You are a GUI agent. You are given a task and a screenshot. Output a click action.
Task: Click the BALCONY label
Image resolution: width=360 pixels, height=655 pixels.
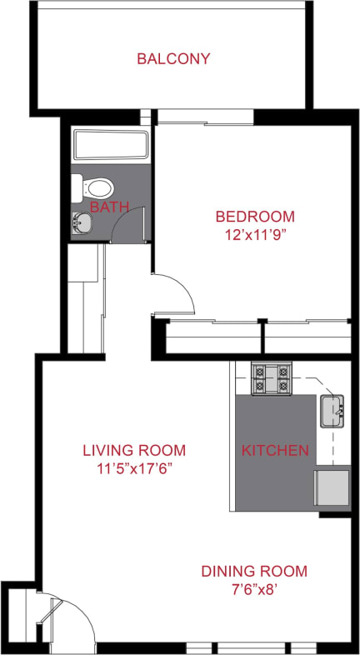(x=173, y=59)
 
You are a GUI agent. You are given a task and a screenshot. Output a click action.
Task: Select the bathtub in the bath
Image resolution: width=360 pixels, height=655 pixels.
(x=110, y=147)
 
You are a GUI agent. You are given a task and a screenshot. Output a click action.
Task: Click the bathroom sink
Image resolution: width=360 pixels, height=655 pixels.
(x=82, y=222)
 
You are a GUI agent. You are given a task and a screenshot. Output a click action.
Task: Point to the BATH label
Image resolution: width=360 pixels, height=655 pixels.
(x=110, y=206)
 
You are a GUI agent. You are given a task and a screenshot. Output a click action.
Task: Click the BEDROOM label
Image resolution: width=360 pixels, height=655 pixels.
(x=254, y=217)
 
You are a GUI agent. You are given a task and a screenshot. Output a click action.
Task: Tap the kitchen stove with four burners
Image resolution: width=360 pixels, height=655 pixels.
(x=271, y=378)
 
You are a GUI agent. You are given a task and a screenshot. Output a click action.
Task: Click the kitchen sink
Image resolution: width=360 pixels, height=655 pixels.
(x=334, y=410)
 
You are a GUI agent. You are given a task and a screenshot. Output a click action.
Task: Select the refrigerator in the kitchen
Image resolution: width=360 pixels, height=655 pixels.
(x=331, y=488)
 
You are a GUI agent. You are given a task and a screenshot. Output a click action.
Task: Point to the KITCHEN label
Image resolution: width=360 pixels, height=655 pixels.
(x=275, y=451)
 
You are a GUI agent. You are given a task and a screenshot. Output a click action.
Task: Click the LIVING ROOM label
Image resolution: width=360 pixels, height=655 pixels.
(x=133, y=451)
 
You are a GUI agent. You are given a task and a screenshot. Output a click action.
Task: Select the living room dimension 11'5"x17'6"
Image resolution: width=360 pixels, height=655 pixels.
(x=133, y=469)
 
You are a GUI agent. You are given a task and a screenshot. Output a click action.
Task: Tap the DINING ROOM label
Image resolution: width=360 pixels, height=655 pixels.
(x=254, y=572)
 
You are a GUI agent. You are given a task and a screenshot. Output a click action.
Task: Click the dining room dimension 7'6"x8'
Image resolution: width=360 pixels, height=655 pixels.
(x=254, y=590)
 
